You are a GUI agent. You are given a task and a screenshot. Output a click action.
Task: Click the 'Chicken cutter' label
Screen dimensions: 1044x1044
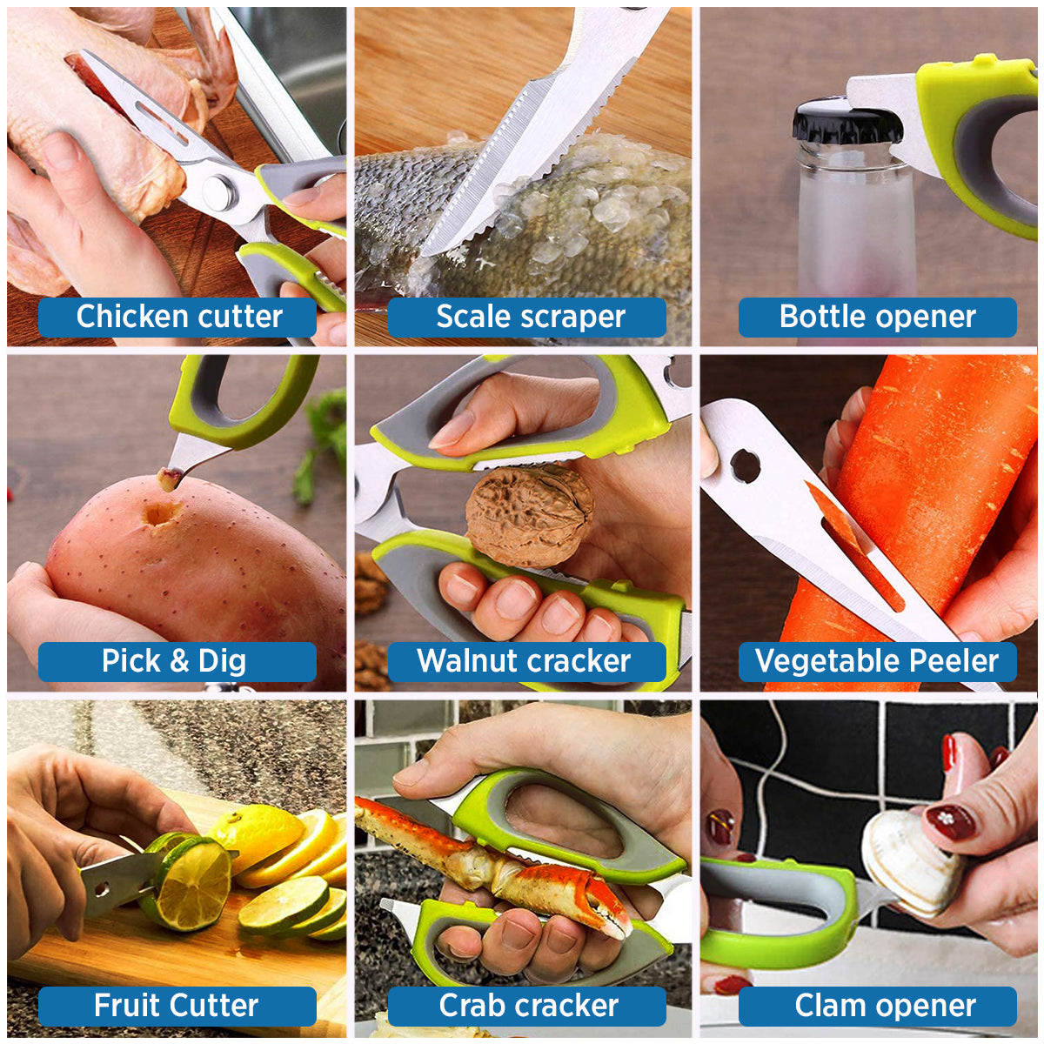pyautogui.click(x=177, y=317)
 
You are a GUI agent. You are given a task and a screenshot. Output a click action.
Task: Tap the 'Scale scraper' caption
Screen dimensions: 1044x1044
pyautogui.click(x=527, y=317)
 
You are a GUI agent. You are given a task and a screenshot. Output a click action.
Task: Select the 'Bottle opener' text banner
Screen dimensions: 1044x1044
pyautogui.click(x=877, y=317)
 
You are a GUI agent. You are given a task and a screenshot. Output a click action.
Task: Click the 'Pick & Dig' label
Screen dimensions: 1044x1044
pyautogui.click(x=177, y=661)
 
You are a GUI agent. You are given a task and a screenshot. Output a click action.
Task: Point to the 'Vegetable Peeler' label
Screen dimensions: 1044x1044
pyautogui.click(x=877, y=661)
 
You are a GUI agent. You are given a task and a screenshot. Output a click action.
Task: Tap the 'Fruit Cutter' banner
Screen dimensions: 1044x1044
pyautogui.click(x=177, y=1006)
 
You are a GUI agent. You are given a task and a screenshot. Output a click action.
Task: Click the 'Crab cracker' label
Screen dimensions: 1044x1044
pyautogui.click(x=527, y=1006)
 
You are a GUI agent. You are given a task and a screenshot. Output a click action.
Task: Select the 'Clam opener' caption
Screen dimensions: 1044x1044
pyautogui.click(x=877, y=1006)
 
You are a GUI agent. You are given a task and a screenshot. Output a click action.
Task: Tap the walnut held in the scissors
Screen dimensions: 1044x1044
pyautogui.click(x=528, y=515)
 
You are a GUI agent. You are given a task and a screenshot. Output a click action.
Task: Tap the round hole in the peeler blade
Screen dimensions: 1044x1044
pyautogui.click(x=745, y=465)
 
